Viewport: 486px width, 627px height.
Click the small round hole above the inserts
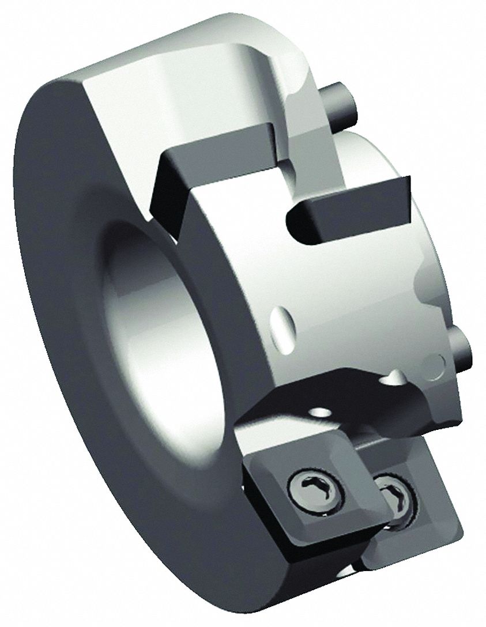(x=318, y=413)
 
